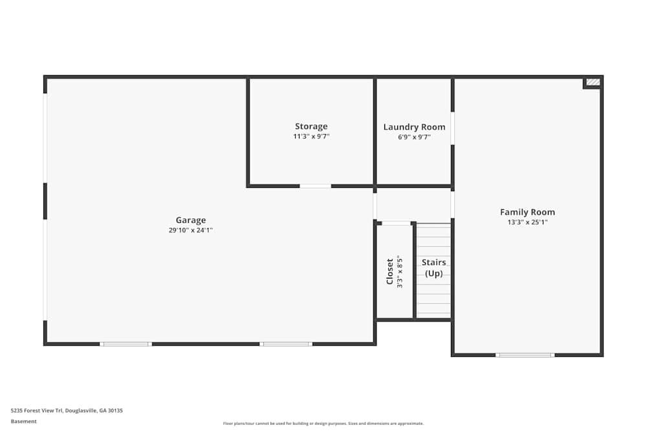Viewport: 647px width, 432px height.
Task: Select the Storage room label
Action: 311,126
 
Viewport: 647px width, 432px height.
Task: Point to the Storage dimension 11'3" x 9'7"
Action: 311,137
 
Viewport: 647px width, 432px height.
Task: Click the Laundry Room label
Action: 414,127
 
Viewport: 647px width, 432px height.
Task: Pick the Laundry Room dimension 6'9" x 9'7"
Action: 414,137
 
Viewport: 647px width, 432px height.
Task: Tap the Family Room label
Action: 527,212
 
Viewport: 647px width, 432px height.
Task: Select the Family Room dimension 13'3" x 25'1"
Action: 527,222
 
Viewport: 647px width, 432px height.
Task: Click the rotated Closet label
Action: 389,271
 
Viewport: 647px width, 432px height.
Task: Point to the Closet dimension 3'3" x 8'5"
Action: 400,271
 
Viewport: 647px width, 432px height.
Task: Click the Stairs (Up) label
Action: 433,267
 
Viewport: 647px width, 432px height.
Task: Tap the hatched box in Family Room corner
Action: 593,82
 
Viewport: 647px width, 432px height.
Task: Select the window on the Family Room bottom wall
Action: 525,355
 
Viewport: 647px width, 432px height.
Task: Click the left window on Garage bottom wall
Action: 126,344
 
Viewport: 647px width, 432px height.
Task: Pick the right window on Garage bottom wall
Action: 285,344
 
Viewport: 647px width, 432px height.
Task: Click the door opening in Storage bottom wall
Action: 315,187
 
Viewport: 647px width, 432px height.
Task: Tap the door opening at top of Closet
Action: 396,223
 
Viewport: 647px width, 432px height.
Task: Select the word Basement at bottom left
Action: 24,422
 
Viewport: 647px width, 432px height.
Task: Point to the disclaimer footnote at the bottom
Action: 323,424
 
